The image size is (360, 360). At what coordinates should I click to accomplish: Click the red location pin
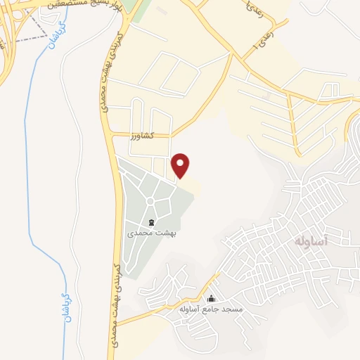point(181,164)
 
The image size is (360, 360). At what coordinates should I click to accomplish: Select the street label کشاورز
point(141,135)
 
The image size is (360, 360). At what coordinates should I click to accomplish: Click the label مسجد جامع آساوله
point(208,309)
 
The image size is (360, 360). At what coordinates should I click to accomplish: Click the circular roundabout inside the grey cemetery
point(150,202)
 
